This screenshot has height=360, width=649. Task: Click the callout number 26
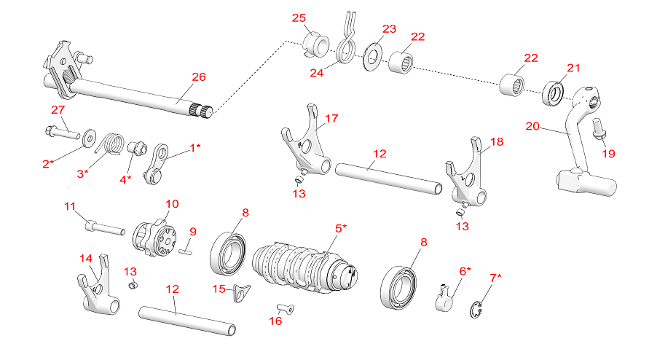point(198,77)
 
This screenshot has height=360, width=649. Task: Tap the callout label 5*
point(340,228)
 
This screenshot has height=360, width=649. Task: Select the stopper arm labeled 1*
point(160,165)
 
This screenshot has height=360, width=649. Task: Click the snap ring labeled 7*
point(476,313)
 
